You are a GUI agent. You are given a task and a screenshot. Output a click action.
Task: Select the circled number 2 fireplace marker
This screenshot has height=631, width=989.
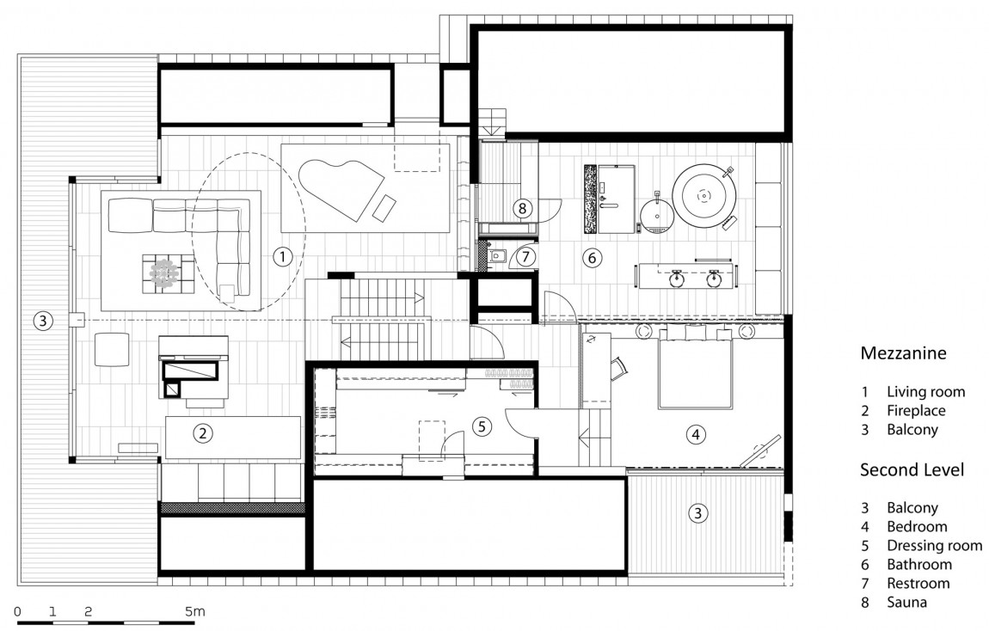203,432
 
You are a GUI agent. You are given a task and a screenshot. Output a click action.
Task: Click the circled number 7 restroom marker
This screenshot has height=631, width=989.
525,255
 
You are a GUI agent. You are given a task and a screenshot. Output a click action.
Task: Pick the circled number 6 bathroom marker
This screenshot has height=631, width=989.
590,256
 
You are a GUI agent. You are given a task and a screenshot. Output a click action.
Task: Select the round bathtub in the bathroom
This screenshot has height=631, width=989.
704,197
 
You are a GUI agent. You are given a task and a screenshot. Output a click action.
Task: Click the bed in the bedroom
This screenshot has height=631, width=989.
696,373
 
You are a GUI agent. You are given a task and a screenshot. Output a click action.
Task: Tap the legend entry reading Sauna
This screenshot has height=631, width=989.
906,603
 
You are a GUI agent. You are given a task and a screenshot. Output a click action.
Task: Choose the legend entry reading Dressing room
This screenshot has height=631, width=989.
933,546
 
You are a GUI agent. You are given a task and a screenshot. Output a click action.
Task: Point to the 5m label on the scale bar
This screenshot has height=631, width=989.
194,611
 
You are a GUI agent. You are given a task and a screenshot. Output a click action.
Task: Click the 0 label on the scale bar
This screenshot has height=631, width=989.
18,611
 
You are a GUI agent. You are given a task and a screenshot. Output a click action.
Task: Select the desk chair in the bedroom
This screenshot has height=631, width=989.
619,368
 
